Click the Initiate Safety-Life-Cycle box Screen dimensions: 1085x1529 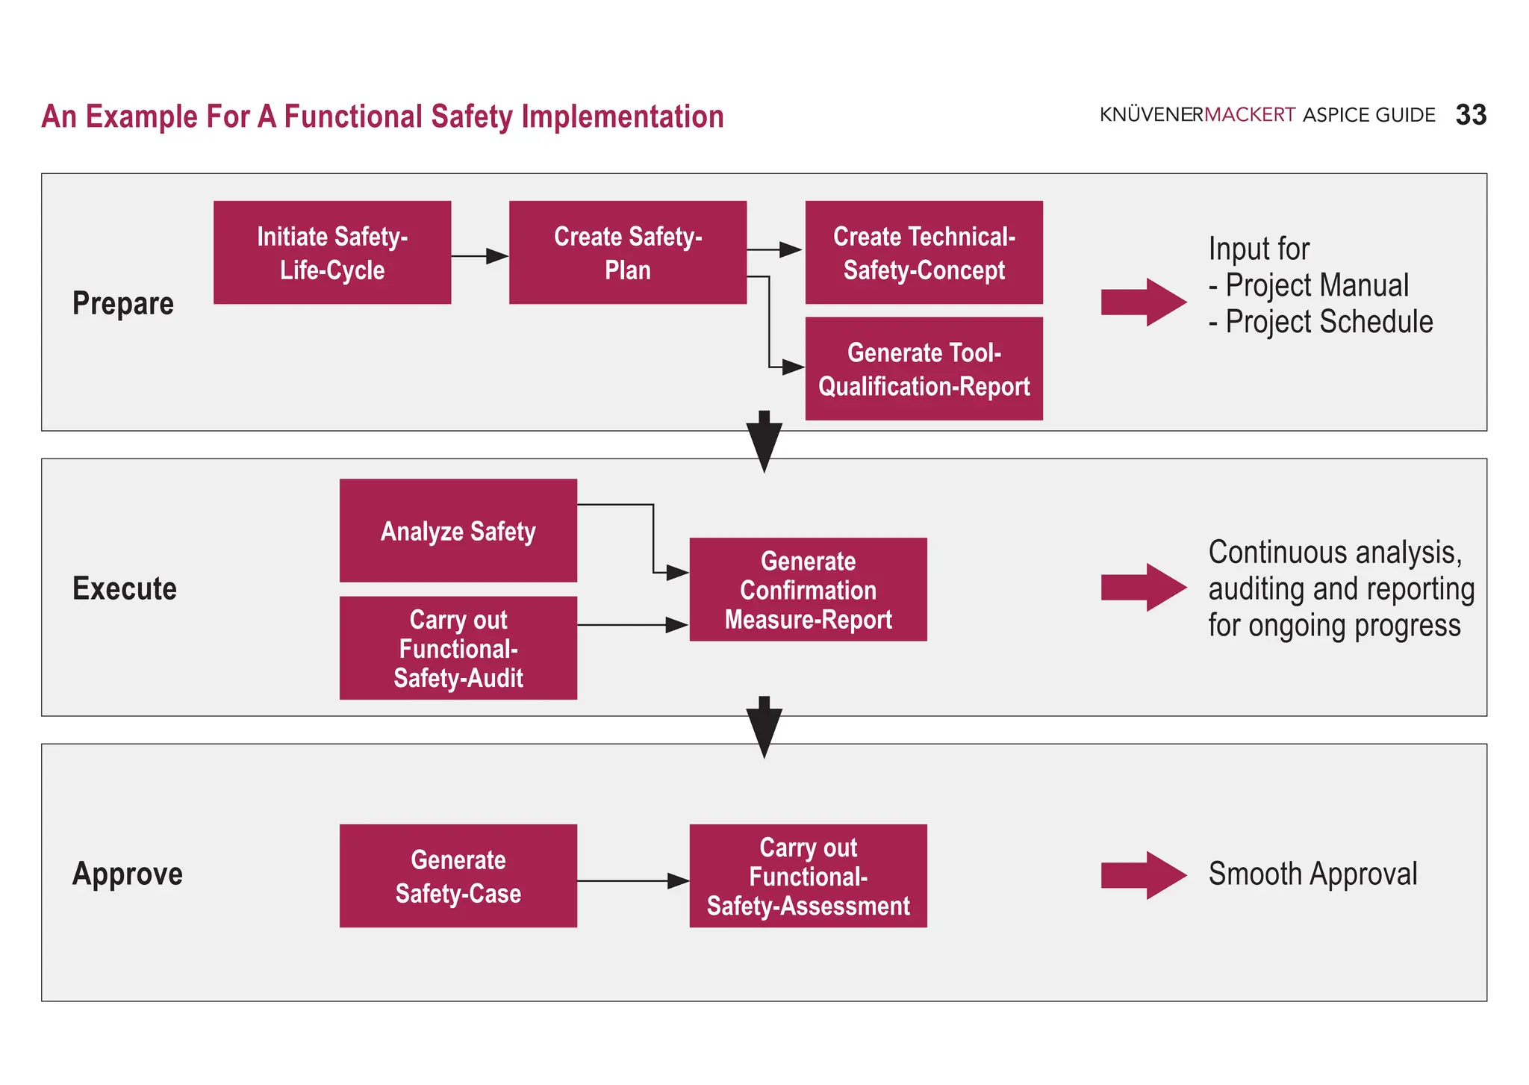click(332, 252)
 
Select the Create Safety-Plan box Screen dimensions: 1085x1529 click(627, 252)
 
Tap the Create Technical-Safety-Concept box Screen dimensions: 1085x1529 click(924, 252)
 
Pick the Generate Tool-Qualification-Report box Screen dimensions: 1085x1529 click(924, 369)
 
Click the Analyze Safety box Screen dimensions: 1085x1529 click(458, 531)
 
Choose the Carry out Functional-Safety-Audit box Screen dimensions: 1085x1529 click(458, 648)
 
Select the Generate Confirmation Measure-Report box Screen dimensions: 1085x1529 click(808, 590)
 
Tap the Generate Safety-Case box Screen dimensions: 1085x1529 click(458, 876)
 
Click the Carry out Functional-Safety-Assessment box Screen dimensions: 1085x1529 click(808, 876)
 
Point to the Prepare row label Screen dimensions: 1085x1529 click(123, 304)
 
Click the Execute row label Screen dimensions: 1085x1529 click(125, 589)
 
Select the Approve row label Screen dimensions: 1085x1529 click(128, 874)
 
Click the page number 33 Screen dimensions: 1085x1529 click(1471, 115)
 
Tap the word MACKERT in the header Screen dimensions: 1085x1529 click(1250, 115)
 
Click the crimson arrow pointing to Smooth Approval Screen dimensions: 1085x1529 click(1143, 875)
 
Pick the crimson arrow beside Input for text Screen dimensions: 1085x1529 click(1143, 302)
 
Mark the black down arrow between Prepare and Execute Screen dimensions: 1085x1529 click(764, 442)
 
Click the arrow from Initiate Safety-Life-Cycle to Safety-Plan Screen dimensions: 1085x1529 click(479, 256)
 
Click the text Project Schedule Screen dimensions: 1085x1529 click(1329, 322)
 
